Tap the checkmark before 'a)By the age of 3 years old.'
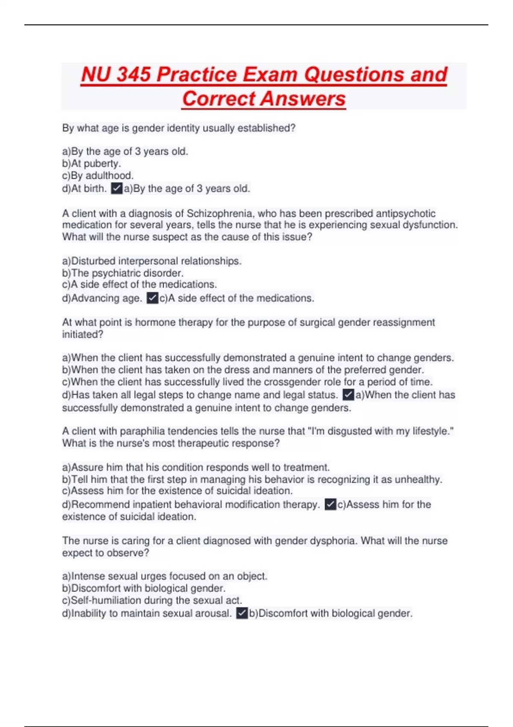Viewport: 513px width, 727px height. (117, 188)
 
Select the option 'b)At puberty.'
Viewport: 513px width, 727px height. (91, 163)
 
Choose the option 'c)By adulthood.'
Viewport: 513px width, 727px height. (98, 175)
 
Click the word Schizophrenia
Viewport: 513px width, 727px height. (219, 213)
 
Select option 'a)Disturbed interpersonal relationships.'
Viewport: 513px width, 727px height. (152, 261)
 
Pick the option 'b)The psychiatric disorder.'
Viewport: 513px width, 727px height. (123, 273)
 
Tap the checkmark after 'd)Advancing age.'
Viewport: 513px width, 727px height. (152, 298)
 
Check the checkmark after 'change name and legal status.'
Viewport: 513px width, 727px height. (348, 394)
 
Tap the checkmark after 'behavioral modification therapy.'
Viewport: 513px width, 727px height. (330, 504)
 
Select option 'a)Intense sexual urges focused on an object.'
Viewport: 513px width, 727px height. (165, 576)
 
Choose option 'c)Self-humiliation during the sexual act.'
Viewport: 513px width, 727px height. (152, 600)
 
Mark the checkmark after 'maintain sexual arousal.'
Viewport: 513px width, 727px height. (242, 613)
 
